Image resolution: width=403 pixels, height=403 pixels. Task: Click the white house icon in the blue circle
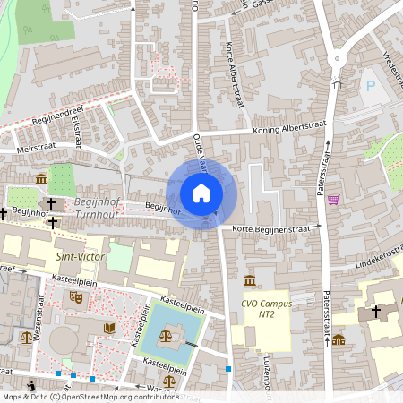201,193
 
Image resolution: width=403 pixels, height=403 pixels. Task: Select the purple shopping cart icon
333,199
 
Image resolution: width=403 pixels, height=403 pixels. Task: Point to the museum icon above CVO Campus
248,281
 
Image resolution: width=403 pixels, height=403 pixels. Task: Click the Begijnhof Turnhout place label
97,210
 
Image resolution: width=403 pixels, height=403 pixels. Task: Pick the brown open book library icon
110,329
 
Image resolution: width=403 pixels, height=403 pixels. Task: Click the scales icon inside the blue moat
167,334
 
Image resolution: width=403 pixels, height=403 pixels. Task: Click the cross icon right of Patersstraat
376,311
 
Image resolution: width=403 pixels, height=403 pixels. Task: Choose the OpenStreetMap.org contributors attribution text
115,396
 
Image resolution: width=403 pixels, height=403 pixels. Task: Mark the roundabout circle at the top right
337,57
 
